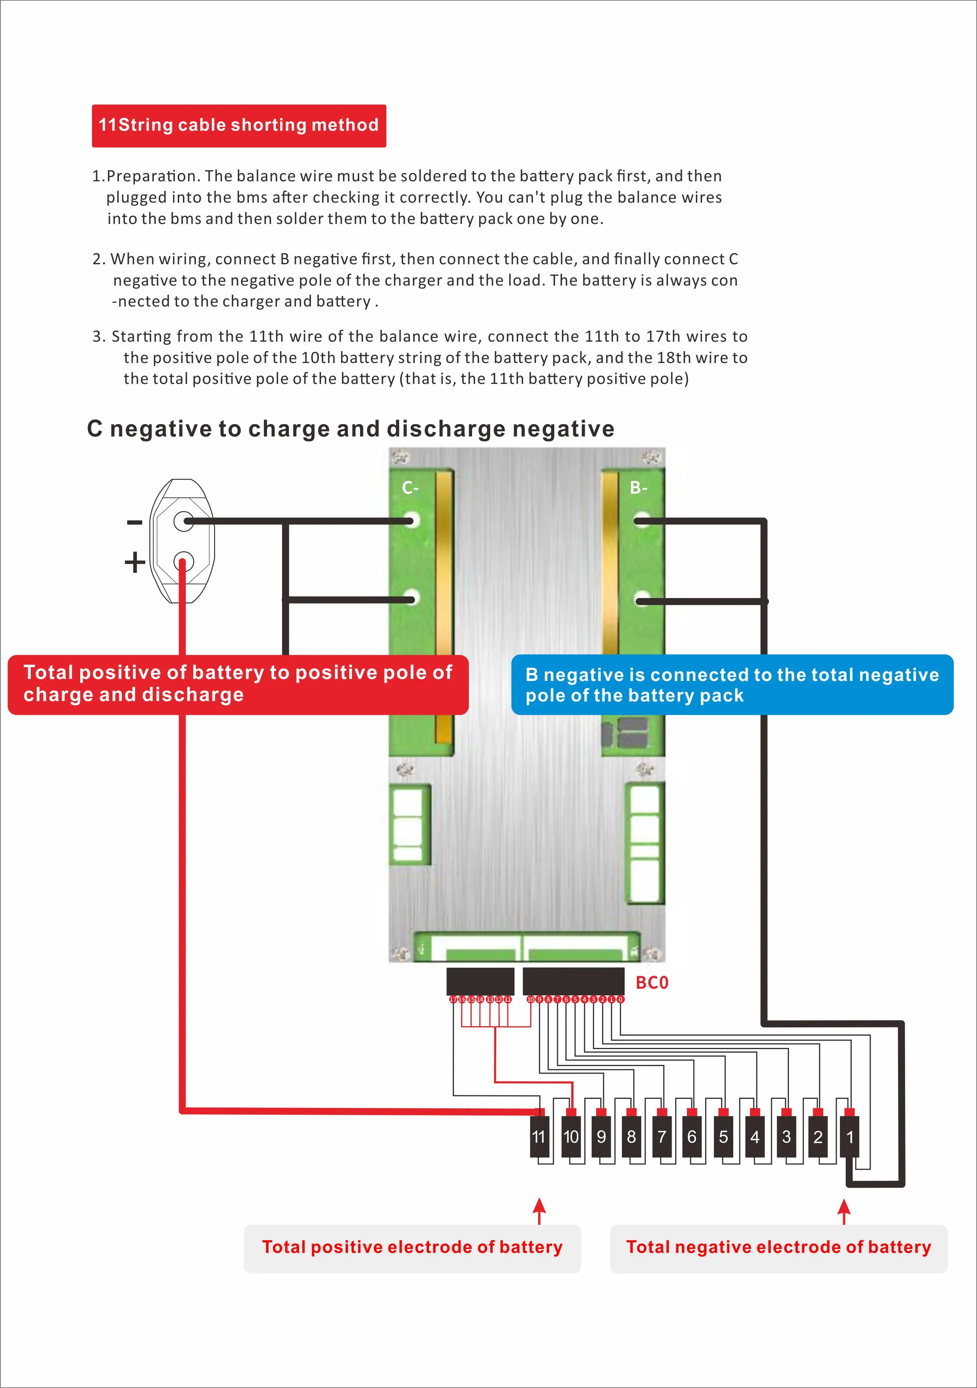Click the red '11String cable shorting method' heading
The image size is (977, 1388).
(239, 125)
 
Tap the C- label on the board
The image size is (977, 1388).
(410, 488)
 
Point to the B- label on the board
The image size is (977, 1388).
(638, 488)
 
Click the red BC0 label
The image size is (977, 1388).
(652, 982)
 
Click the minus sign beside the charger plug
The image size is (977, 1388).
(134, 522)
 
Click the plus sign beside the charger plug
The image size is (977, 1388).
(135, 562)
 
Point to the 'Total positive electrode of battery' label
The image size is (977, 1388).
(412, 1247)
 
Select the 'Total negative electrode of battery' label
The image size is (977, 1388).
(779, 1247)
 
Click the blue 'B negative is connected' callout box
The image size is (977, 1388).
(732, 685)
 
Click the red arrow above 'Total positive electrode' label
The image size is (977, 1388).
(539, 1211)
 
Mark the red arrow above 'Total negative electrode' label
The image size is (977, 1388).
(845, 1211)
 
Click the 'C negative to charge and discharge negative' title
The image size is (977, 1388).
(351, 429)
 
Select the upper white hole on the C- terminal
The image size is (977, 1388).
(412, 521)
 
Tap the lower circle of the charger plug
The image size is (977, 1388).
(183, 562)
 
